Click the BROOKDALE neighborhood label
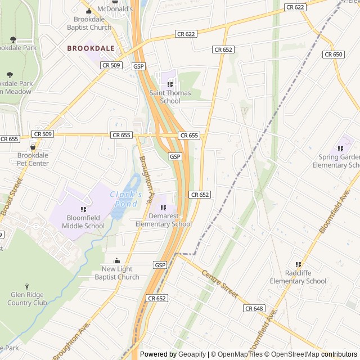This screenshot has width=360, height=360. point(91,49)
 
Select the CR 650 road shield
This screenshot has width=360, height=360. point(333,55)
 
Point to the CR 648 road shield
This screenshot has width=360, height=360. point(254,308)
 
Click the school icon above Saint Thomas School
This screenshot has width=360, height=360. point(170,84)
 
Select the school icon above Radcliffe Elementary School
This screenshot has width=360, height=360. point(298,264)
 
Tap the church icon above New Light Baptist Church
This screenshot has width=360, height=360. point(117,260)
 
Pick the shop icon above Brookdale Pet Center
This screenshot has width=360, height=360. point(33,147)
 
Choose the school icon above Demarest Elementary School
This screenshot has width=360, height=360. point(163,208)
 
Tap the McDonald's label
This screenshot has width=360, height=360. point(115,10)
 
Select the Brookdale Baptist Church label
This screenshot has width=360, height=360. point(89,23)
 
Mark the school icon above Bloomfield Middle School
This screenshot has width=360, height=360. point(83,209)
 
